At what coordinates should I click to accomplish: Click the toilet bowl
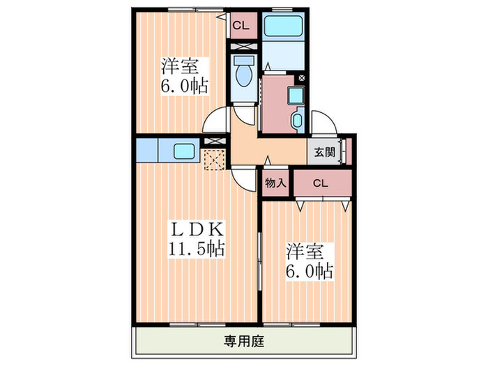(x=244, y=75)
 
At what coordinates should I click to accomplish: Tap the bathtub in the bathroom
(x=283, y=26)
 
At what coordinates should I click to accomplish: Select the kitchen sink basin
(x=184, y=151)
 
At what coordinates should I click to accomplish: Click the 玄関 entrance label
(x=324, y=152)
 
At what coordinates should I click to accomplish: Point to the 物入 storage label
(x=275, y=183)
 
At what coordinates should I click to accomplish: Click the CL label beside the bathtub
(x=241, y=26)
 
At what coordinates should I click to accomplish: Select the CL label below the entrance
(x=321, y=183)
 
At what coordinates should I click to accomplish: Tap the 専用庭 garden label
(x=244, y=341)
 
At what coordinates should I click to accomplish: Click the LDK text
(x=197, y=230)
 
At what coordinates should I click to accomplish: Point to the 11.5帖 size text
(x=197, y=249)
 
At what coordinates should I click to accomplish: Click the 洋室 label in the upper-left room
(x=180, y=66)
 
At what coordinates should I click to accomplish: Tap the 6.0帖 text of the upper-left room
(x=184, y=86)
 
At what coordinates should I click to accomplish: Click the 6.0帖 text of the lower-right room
(x=310, y=271)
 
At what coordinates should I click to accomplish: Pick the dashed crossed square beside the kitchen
(x=215, y=160)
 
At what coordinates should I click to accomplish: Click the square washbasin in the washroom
(x=294, y=96)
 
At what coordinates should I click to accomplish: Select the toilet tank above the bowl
(x=244, y=60)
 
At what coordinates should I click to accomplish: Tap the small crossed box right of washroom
(x=302, y=78)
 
